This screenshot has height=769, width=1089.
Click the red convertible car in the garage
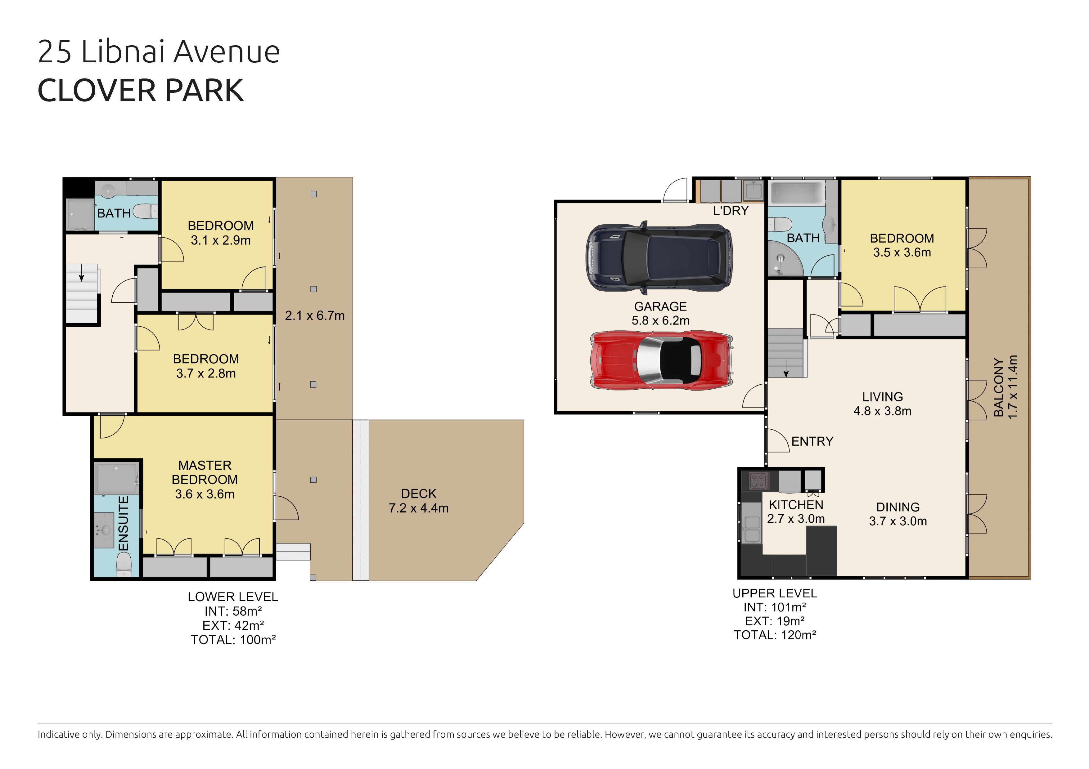click(662, 360)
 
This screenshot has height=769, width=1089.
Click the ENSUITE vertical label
click(123, 523)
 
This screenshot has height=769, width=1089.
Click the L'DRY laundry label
click(731, 211)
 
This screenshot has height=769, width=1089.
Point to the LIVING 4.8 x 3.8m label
click(882, 404)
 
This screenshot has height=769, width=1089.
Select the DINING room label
click(898, 507)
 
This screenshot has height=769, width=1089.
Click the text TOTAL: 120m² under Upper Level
click(775, 635)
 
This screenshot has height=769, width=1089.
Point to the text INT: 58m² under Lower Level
click(233, 611)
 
